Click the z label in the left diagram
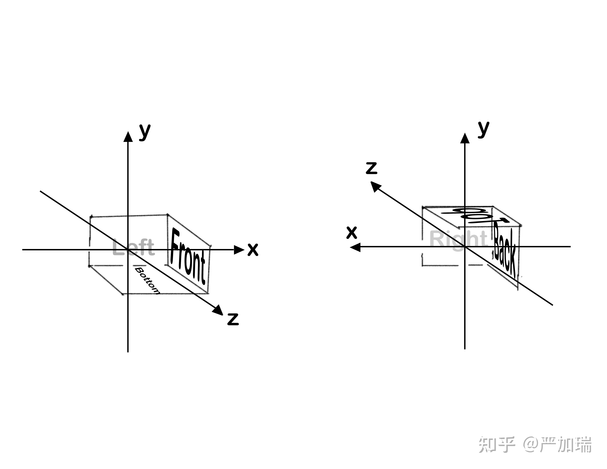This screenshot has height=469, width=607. pos(233,319)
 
